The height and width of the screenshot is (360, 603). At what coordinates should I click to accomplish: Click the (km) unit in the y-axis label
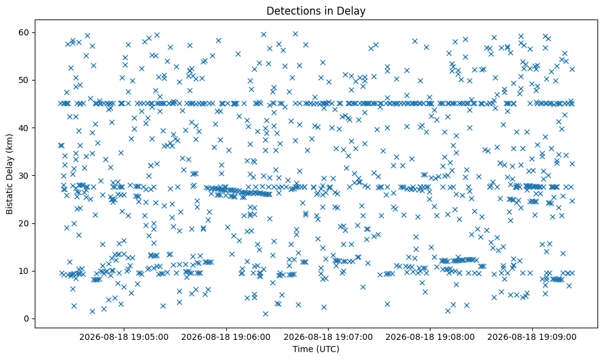pos(9,143)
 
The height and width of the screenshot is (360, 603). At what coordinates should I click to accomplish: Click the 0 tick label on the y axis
pos(27,319)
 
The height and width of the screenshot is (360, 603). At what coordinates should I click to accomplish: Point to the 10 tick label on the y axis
pos(24,271)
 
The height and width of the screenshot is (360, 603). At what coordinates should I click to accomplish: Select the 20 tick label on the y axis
pos(24,223)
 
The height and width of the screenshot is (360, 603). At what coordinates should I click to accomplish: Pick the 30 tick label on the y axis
pos(24,176)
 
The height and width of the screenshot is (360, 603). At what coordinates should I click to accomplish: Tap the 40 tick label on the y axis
pos(24,128)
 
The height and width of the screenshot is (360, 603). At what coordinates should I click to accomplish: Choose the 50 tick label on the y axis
pos(24,80)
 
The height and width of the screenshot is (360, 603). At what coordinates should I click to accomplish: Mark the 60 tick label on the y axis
pos(24,32)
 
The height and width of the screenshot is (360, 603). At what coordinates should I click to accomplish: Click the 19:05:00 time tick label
pos(151,337)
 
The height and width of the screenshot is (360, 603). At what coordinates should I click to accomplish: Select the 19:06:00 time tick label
pos(252,337)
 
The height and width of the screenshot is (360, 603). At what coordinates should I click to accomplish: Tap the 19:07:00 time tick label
pos(355,337)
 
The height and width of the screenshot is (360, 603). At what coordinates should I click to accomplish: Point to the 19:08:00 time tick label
pos(457,337)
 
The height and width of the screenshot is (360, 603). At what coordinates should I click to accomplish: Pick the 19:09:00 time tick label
pos(558,337)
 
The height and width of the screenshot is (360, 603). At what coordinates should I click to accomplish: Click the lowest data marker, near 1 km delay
pos(265,314)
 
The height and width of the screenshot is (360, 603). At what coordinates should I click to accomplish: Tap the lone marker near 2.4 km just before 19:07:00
pos(324,308)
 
